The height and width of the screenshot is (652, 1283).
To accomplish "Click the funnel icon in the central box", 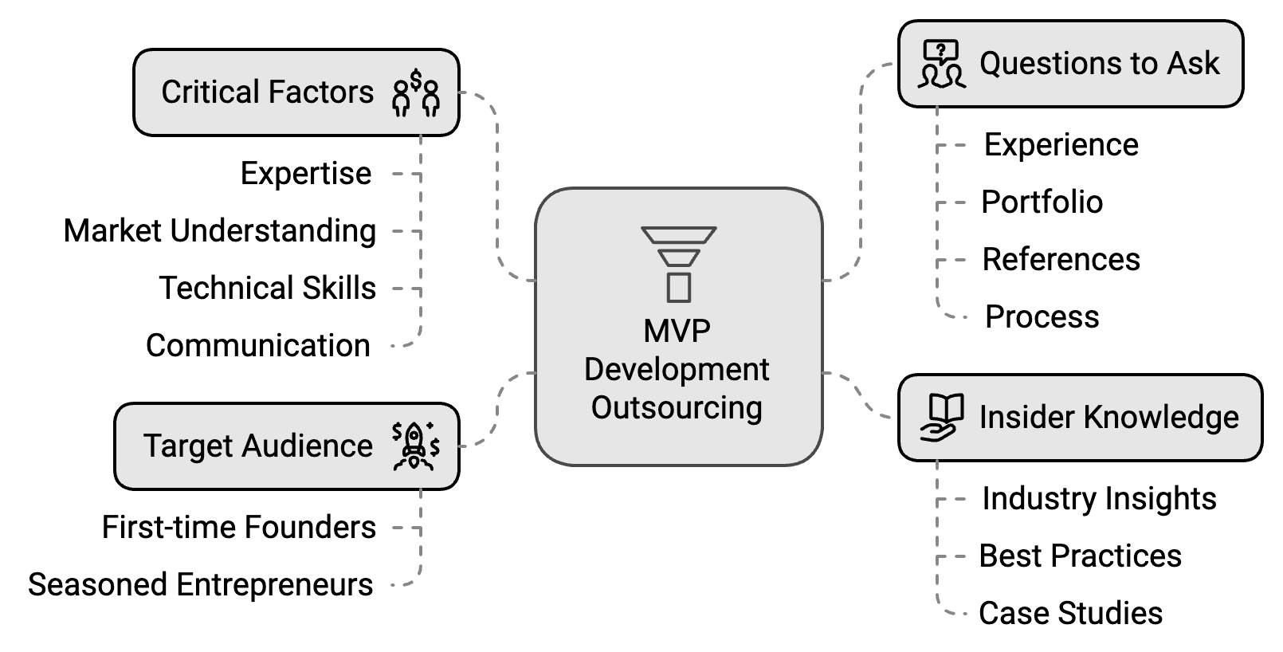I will [x=678, y=264].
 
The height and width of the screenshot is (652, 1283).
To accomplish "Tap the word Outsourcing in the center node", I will [x=677, y=408].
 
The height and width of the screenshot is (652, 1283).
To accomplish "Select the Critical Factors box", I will [x=296, y=92].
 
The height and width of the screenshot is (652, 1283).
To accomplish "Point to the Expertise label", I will [x=306, y=174].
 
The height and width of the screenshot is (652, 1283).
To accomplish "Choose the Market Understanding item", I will [x=220, y=231].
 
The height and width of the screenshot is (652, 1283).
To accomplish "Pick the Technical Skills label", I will [x=268, y=289].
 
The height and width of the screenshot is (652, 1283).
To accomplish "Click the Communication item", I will [x=258, y=346].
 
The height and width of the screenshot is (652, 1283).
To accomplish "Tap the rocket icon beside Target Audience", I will [x=415, y=446].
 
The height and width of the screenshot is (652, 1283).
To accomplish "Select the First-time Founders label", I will [x=239, y=528].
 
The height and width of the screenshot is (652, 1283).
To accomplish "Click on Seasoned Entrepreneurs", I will [x=201, y=585].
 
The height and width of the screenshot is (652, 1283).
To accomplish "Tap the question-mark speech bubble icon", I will [x=941, y=64].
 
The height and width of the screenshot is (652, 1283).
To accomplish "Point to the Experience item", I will [x=1061, y=145].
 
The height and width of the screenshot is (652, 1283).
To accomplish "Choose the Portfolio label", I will [x=1042, y=202].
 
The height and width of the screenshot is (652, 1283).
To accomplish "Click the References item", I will [x=1061, y=260].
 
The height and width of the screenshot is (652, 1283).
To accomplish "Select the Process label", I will [x=1042, y=317].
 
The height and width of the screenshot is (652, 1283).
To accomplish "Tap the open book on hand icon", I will [x=941, y=418].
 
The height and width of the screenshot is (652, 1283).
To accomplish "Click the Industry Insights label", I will [x=1100, y=499].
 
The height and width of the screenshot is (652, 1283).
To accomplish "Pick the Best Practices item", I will [x=1081, y=556].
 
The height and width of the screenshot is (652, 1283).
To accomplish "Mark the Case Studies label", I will [x=1071, y=614].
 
